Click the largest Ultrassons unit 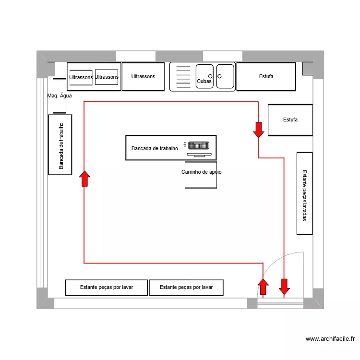click(x=143, y=77)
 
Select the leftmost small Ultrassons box click(x=81, y=78)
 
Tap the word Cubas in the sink click(x=204, y=82)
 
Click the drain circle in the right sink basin click(x=219, y=76)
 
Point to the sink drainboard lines click(x=183, y=77)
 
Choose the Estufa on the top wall click(x=266, y=76)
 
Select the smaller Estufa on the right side click(x=290, y=120)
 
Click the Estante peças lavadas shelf click(x=304, y=193)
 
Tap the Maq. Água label click(x=60, y=96)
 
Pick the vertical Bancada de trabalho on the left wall click(x=60, y=145)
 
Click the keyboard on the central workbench click(x=198, y=144)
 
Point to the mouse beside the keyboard click(x=185, y=144)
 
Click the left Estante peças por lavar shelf click(x=107, y=287)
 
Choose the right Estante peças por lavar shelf click(x=186, y=287)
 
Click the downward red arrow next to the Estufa click(x=258, y=130)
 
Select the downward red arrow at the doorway click(x=284, y=287)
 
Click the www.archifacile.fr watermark click(x=330, y=339)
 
